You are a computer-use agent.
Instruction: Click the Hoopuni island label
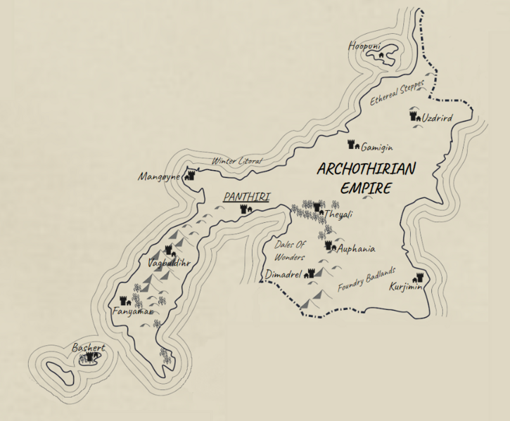pyautogui.click(x=364, y=46)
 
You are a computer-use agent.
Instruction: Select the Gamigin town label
pyautogui.click(x=377, y=148)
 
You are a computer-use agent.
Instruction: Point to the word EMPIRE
pyautogui.click(x=366, y=188)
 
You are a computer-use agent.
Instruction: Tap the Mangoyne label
pyautogui.click(x=160, y=176)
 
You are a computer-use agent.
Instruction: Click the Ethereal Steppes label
pyautogui.click(x=397, y=93)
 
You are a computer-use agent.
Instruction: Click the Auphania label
pyautogui.click(x=356, y=249)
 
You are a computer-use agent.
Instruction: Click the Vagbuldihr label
pyautogui.click(x=170, y=263)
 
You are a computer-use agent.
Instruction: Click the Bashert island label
pyautogui.click(x=88, y=348)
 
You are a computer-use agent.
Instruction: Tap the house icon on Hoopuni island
pyautogui.click(x=381, y=53)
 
